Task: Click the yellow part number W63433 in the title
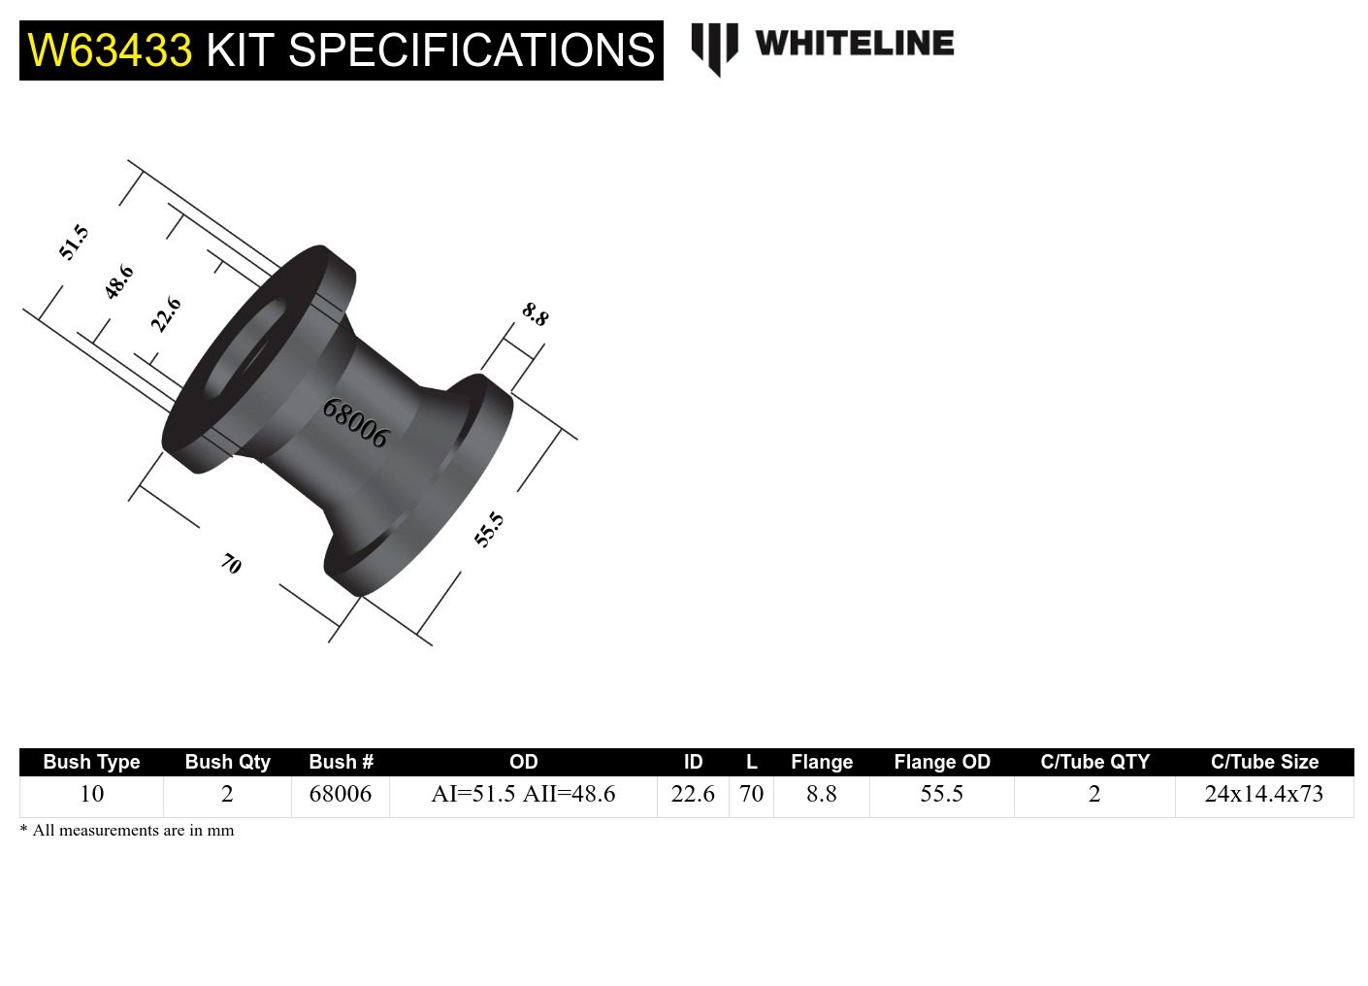[x=110, y=50]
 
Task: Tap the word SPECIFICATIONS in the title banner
[x=472, y=50]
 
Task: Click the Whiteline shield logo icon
[x=714, y=48]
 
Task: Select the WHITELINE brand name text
[x=854, y=44]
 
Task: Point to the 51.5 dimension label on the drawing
[x=74, y=242]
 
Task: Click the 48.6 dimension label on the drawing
[x=118, y=281]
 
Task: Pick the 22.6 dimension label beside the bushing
[x=166, y=314]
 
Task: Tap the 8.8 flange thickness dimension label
[x=536, y=314]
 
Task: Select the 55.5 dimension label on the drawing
[x=489, y=530]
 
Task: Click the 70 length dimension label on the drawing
[x=231, y=563]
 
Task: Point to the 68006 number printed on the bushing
[x=355, y=423]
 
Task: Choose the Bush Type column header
[x=91, y=762]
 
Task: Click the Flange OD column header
[x=941, y=762]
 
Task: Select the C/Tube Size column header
[x=1264, y=762]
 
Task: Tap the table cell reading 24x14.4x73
[x=1263, y=794]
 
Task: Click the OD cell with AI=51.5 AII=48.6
[x=523, y=794]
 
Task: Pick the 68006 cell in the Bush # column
[x=341, y=794]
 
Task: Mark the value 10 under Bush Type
[x=91, y=794]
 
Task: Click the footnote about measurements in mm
[x=127, y=831]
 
